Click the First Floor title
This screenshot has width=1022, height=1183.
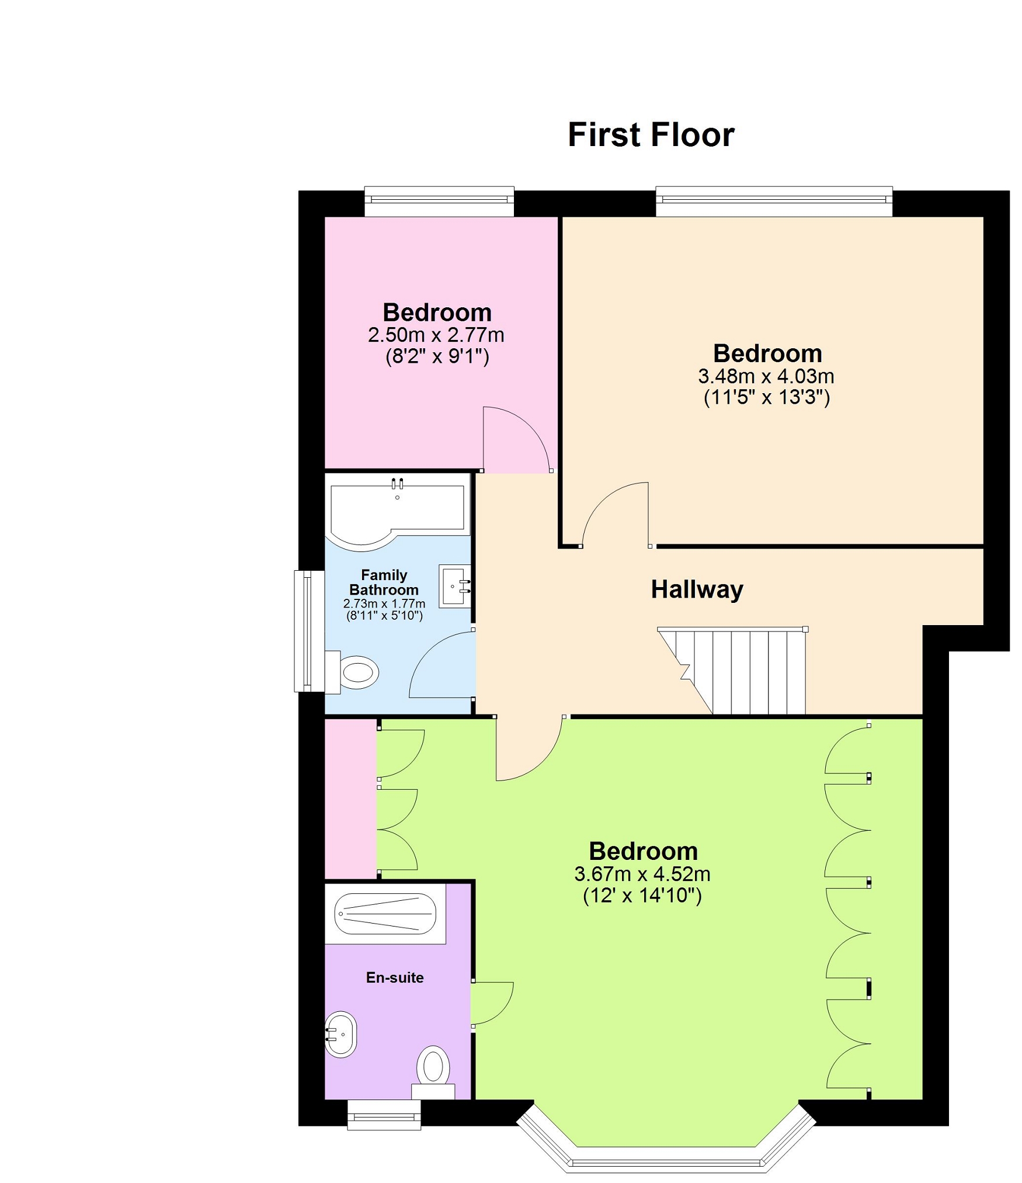coord(651,135)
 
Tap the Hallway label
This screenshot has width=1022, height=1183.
coord(697,589)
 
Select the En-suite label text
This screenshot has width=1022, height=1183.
coord(395,977)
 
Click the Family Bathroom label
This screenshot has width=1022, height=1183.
coord(384,582)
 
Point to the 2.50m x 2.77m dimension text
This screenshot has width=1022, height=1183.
coord(436,335)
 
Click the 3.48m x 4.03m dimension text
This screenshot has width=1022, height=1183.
coord(766,376)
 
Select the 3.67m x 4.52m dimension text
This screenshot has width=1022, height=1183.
coord(642,874)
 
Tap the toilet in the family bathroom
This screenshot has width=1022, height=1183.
coord(352,672)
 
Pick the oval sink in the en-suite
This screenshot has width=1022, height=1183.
coord(340,1035)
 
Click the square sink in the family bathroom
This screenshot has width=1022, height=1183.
coord(455,586)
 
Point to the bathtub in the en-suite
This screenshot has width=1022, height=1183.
coord(385,914)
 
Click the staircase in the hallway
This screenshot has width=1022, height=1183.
coord(732,671)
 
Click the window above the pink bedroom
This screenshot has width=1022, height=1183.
coord(439,202)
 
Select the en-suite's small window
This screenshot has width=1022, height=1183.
coord(384,1115)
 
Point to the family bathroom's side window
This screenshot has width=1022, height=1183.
coord(310,631)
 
